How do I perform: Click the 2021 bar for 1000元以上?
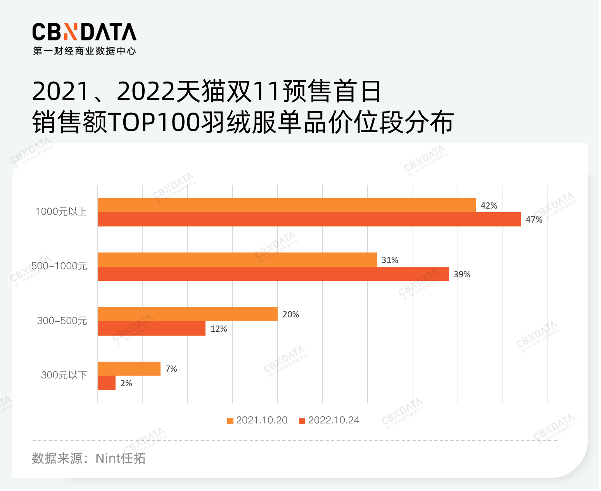[x=287, y=205]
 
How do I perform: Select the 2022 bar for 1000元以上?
[x=309, y=219]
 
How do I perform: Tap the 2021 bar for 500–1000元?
[x=237, y=259]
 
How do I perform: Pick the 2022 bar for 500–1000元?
[x=273, y=274]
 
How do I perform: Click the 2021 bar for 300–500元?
[x=188, y=314]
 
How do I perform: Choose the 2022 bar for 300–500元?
[x=151, y=329]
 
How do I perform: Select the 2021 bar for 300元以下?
[x=129, y=368]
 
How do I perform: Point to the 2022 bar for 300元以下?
[x=106, y=383]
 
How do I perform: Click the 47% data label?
[x=534, y=220]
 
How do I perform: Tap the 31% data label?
[x=390, y=260]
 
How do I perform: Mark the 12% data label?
[x=219, y=329]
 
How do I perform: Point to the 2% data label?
[x=126, y=383]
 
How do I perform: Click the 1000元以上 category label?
[x=61, y=212]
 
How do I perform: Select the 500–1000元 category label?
[x=59, y=266]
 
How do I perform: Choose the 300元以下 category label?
[x=64, y=375]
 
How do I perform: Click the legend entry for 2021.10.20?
[x=257, y=420]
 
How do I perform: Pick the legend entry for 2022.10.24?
[x=330, y=420]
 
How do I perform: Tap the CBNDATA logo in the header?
[x=84, y=32]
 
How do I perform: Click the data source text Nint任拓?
[x=120, y=458]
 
